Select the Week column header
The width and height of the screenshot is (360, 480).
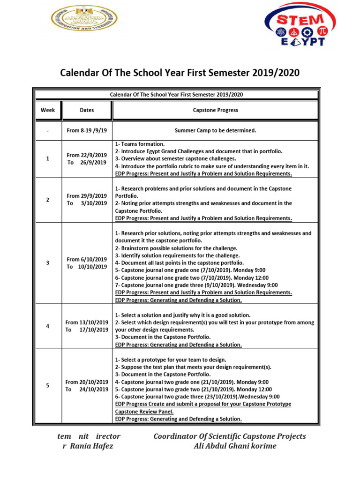pos(48,110)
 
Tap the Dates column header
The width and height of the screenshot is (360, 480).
pos(87,110)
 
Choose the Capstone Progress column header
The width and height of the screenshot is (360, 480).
pos(215,110)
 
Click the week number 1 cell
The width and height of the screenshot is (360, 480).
pos(48,159)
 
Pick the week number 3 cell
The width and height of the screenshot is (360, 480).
pos(48,263)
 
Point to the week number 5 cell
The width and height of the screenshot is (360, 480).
pos(48,386)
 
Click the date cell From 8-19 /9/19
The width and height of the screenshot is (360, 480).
pos(87,130)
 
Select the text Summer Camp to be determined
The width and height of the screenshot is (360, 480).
pos(215,130)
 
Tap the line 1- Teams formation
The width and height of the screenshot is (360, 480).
pos(140,144)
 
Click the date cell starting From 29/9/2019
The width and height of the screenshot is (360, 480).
pos(87,200)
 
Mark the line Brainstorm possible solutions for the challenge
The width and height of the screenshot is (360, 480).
pos(176,248)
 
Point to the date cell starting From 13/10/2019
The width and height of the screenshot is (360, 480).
pos(87,326)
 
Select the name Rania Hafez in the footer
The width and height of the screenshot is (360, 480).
pos(91,446)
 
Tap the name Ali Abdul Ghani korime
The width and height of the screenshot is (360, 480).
pos(235,446)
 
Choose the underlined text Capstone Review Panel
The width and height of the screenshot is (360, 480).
pos(144,412)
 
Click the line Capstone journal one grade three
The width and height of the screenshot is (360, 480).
pos(196,285)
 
